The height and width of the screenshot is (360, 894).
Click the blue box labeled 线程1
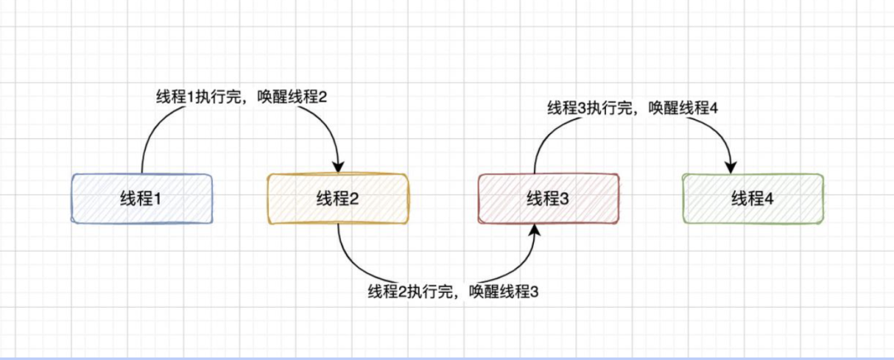click(x=142, y=199)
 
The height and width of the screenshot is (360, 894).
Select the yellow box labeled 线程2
click(x=338, y=199)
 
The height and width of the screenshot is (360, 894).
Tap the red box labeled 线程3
click(x=548, y=199)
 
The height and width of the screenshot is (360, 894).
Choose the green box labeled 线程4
click(x=752, y=199)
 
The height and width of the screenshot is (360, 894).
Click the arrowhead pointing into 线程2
click(x=338, y=166)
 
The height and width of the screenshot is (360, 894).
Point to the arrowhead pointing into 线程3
click(x=535, y=230)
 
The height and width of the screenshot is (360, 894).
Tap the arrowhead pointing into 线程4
click(x=731, y=166)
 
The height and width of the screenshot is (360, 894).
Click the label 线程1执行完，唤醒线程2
click(x=242, y=97)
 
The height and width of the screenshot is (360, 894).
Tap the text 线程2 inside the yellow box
click(x=338, y=199)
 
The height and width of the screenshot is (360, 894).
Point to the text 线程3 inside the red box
click(x=548, y=199)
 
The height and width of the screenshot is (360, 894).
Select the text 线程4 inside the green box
click(x=752, y=199)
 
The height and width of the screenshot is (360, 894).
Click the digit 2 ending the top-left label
click(x=323, y=97)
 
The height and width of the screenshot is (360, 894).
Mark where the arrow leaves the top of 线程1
click(x=142, y=173)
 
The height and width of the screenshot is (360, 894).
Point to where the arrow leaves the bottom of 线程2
click(x=338, y=224)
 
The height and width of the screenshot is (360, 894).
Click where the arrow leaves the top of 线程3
click(x=535, y=173)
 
